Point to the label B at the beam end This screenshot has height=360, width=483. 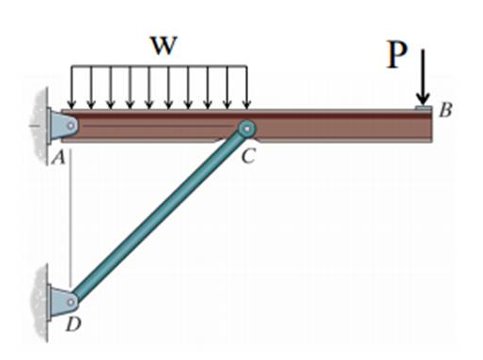point(445,111)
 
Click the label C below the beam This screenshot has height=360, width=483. point(247,157)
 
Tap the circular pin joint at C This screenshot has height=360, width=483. point(246,130)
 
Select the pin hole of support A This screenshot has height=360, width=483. point(70,123)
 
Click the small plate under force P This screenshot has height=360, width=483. point(424,109)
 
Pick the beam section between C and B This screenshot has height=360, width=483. point(338,128)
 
